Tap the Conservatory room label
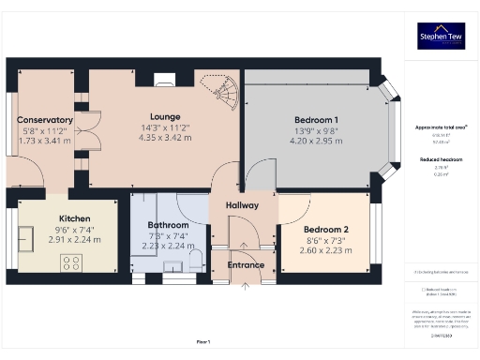pos(45,120)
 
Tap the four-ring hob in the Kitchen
pos(73,263)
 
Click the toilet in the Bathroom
pos(195,260)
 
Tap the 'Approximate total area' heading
pos(440,127)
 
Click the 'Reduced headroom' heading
pos(440,160)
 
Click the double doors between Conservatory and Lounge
pos(84,141)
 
